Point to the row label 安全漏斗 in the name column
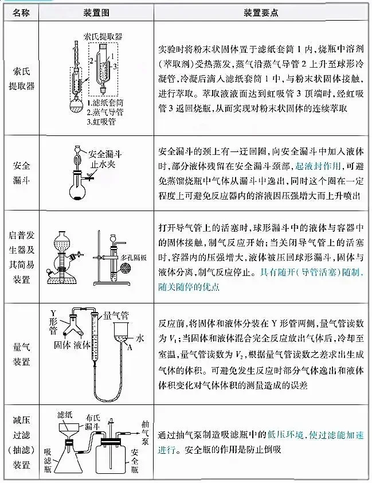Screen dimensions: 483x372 tap(21, 173)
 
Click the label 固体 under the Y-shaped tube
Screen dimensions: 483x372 tap(61, 345)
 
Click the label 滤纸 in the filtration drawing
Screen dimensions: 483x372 tap(64, 414)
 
